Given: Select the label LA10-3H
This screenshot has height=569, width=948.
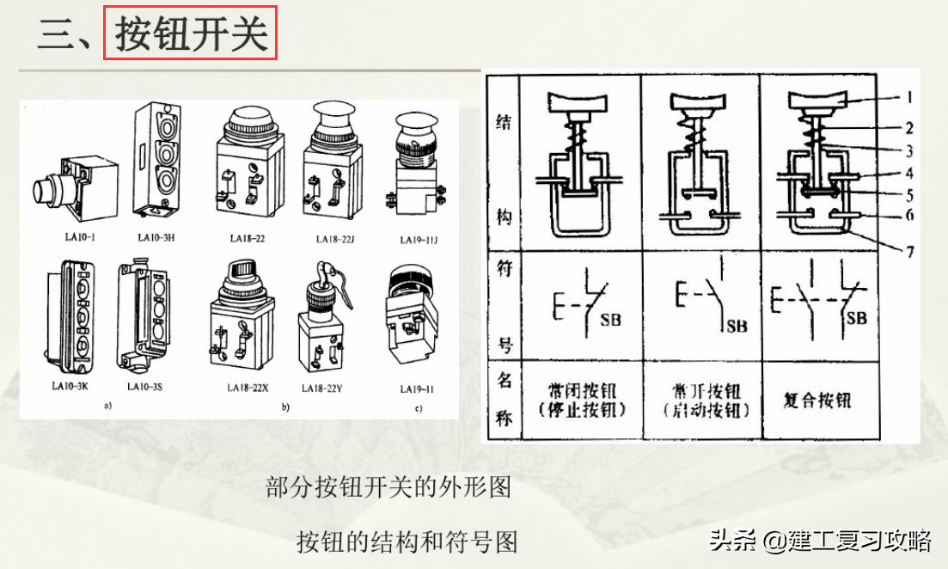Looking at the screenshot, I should pyautogui.click(x=156, y=237).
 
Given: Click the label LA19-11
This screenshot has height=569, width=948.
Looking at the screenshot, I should pyautogui.click(x=419, y=389).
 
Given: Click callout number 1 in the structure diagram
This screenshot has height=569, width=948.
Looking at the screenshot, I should pyautogui.click(x=908, y=98).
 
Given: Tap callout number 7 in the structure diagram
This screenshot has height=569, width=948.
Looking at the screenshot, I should pyautogui.click(x=908, y=253).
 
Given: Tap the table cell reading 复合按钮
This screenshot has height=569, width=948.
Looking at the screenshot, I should pyautogui.click(x=817, y=401).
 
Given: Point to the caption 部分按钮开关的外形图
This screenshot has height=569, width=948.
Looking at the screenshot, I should pyautogui.click(x=388, y=488).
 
